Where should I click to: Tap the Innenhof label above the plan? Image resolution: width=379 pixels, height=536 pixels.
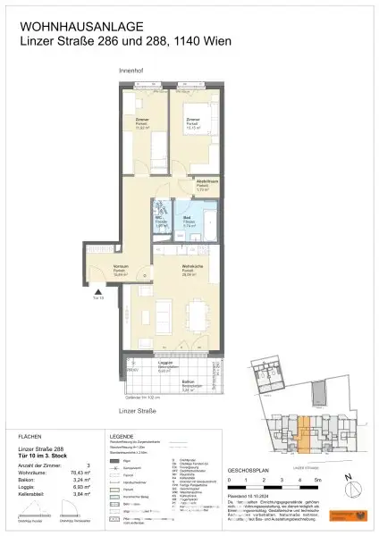tap(131, 70)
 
